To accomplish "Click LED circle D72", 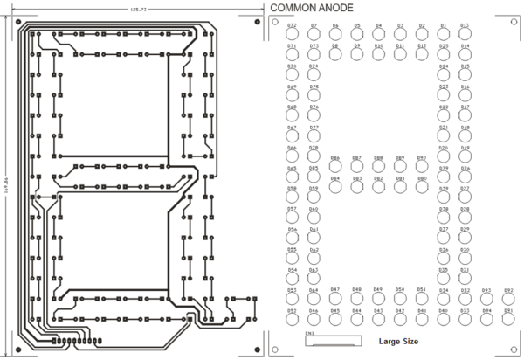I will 291,34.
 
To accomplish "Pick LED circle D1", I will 443,34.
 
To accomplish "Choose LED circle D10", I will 378,53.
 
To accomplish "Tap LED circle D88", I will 378,166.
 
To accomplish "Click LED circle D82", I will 378,186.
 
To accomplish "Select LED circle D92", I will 508,297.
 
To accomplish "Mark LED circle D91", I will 508,318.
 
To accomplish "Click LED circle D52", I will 291,318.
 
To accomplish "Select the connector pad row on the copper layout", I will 70,338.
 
